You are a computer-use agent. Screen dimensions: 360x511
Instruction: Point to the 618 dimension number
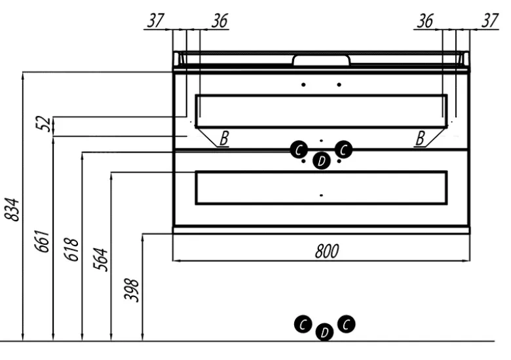tap(73, 249)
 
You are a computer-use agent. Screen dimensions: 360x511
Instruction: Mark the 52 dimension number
tap(45, 124)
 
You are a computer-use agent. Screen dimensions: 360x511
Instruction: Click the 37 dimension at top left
tap(155, 21)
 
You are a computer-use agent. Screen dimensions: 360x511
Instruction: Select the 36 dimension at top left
tap(219, 21)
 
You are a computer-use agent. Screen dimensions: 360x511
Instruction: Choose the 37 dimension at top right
tap(489, 21)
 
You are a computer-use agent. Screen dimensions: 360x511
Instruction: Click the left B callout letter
tap(224, 138)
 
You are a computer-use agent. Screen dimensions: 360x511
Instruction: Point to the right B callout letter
tap(420, 138)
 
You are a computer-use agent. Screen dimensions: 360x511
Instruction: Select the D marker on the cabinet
tap(321, 160)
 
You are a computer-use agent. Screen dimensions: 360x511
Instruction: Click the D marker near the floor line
tap(324, 333)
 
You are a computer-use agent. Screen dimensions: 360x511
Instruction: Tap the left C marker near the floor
tap(302, 324)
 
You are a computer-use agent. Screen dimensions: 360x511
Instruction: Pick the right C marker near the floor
tap(347, 323)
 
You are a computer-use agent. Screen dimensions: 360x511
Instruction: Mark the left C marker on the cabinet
tap(299, 150)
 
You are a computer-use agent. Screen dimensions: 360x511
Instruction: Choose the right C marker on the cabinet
tap(343, 150)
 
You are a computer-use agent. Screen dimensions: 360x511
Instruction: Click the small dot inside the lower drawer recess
tap(321, 195)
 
